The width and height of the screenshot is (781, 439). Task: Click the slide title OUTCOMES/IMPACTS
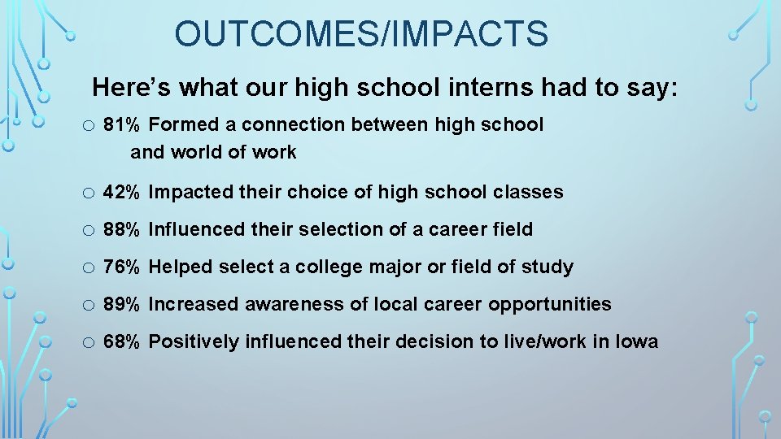pyautogui.click(x=361, y=34)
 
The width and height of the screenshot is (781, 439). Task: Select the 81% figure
pyautogui.click(x=121, y=125)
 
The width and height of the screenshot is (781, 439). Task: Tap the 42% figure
pyautogui.click(x=121, y=193)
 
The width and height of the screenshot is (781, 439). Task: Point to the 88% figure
pyautogui.click(x=121, y=230)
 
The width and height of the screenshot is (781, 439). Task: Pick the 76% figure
pyautogui.click(x=121, y=267)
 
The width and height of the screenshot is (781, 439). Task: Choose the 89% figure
pyautogui.click(x=121, y=305)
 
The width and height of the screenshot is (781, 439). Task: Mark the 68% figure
pyautogui.click(x=121, y=342)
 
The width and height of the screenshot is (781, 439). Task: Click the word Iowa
pyautogui.click(x=637, y=342)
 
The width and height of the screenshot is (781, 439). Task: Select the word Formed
pyautogui.click(x=183, y=125)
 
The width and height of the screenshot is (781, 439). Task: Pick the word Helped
pyautogui.click(x=179, y=267)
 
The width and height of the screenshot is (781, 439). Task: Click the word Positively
pyautogui.click(x=188, y=342)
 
